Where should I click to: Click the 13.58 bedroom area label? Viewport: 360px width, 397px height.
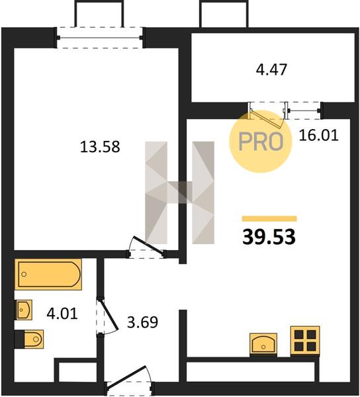100,147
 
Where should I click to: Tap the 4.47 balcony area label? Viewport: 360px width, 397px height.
271,69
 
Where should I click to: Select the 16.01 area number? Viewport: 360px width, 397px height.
318,135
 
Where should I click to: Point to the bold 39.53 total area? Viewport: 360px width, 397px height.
269,237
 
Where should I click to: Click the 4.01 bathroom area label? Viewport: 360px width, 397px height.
62,314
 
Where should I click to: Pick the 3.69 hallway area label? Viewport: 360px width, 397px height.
142,322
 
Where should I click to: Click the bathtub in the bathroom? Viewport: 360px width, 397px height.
48,274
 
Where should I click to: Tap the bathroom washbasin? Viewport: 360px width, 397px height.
24,310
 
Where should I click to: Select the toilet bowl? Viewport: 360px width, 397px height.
34,339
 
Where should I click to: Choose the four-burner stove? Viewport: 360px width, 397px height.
305,340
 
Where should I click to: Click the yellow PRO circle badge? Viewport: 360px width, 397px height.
261,142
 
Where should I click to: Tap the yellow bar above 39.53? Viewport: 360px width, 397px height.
269,218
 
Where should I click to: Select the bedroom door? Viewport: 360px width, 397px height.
148,245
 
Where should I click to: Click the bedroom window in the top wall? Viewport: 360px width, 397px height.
99,38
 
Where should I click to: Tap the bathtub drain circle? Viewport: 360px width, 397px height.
24,274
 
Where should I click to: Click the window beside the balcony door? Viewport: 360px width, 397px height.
304,110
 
